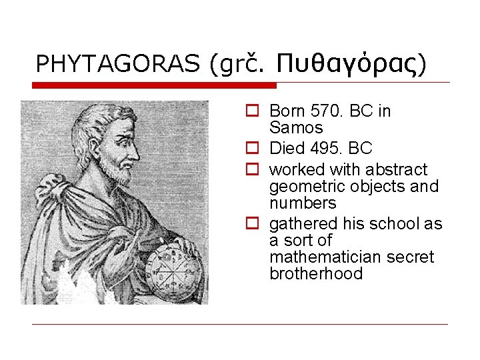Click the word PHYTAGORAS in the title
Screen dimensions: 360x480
click(x=117, y=63)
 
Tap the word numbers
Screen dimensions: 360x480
click(x=303, y=203)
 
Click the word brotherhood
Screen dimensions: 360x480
click(x=316, y=273)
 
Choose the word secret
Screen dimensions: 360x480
click(x=411, y=257)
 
